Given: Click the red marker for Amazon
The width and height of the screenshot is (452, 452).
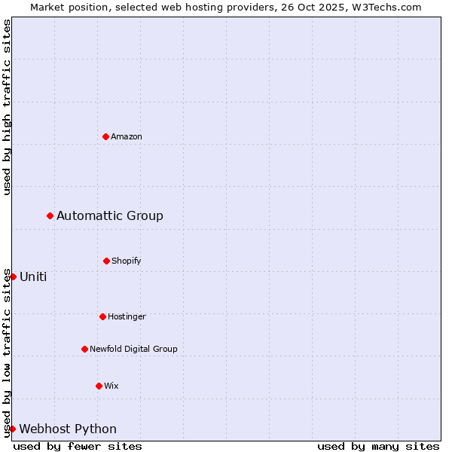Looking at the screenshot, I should tap(105, 136).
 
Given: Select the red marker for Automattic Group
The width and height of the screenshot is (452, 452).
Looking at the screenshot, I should tap(50, 215).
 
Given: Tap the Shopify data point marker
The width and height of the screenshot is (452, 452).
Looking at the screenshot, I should tap(106, 261).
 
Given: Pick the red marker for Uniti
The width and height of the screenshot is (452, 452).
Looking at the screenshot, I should tap(13, 276).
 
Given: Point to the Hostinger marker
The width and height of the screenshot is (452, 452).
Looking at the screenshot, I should tap(102, 316).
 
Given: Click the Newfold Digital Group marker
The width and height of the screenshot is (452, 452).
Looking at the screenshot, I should tap(84, 349).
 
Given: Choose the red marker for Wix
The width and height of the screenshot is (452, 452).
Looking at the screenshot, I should tap(99, 386).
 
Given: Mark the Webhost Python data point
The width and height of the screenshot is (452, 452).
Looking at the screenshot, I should tap(13, 429).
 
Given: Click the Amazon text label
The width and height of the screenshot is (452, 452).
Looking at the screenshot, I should tap(127, 136).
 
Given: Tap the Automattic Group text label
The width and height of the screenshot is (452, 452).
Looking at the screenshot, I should tap(110, 216).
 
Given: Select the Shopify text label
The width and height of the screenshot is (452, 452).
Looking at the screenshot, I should tap(127, 261).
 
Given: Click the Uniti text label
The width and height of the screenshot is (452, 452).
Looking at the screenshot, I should tap(33, 276).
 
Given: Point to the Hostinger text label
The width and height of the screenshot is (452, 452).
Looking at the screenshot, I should tap(127, 316).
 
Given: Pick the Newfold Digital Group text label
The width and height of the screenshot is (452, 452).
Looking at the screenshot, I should tap(133, 349).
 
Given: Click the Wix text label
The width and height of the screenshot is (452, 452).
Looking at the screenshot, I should tap(111, 386).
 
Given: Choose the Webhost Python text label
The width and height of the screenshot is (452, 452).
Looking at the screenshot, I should tap(68, 429).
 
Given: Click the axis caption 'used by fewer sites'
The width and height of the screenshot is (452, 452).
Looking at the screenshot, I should tap(78, 446).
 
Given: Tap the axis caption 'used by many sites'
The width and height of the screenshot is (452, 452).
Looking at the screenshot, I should tap(378, 446).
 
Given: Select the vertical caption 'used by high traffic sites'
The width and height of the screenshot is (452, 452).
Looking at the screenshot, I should tap(7, 107).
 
